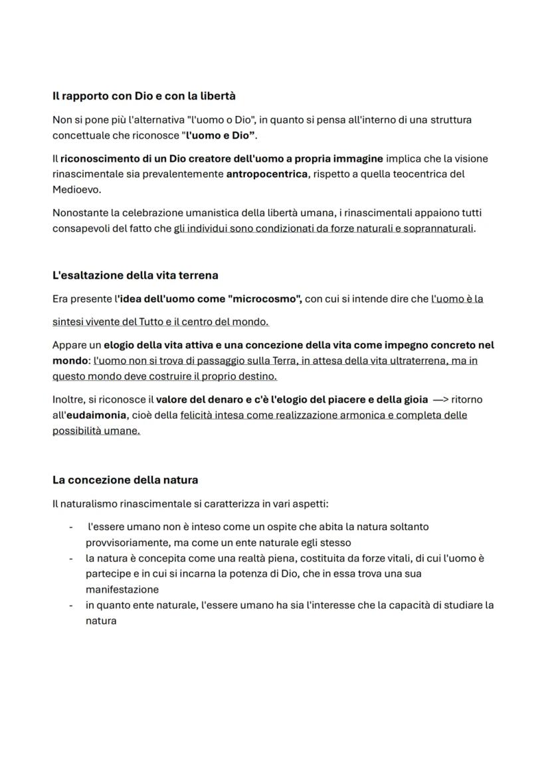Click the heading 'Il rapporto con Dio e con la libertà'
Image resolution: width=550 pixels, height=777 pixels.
pyautogui.click(x=143, y=96)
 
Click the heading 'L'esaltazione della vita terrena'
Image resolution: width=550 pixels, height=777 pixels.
pyautogui.click(x=135, y=275)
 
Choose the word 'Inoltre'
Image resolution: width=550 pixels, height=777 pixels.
pyautogui.click(x=68, y=399)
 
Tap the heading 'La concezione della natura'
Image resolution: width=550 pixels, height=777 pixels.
pyautogui.click(x=125, y=479)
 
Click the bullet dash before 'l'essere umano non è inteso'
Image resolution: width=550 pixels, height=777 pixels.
pyautogui.click(x=70, y=527)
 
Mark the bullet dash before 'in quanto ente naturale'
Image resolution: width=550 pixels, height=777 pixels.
pyautogui.click(x=70, y=605)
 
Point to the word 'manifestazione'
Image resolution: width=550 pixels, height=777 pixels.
pyautogui.click(x=122, y=589)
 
